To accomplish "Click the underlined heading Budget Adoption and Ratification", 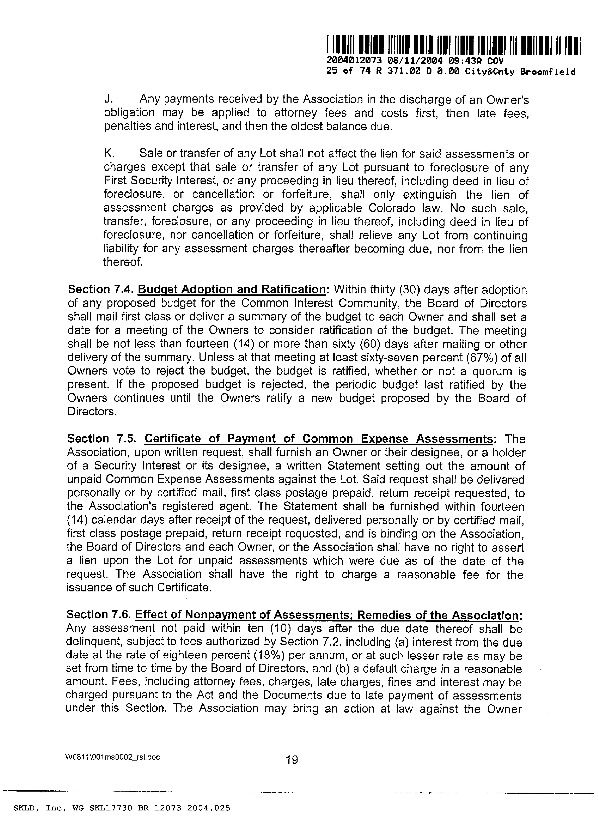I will pos(232,289).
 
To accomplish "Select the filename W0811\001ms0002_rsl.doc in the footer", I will pos(112,757).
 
